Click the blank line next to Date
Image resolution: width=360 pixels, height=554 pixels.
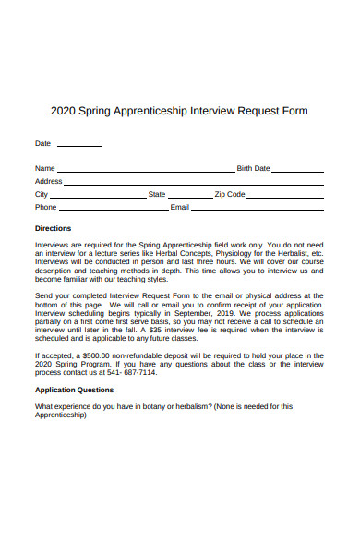[x=80, y=144]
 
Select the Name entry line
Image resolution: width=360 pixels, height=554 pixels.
[x=146, y=170]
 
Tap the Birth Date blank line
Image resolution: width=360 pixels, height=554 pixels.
[x=298, y=170]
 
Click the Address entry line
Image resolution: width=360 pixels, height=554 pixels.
[x=194, y=183]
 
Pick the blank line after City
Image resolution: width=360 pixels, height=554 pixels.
[x=98, y=196]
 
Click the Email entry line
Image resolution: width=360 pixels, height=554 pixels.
[x=258, y=209]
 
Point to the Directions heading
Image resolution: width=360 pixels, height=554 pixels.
[x=53, y=228]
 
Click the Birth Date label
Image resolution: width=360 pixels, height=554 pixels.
[x=254, y=169]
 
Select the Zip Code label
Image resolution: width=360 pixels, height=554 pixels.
[x=230, y=195]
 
